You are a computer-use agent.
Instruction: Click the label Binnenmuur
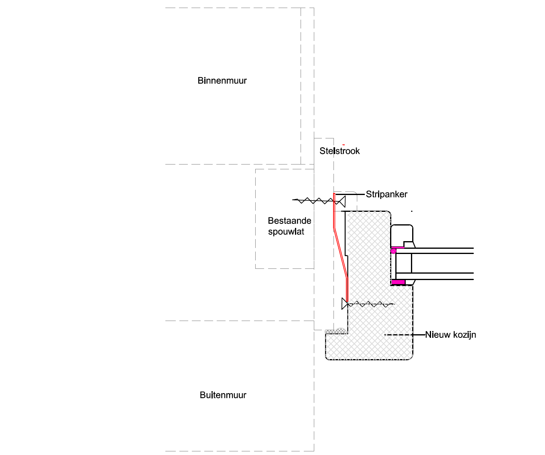click(x=222, y=81)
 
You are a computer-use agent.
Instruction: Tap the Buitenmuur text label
click(x=223, y=395)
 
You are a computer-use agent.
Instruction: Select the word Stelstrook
click(x=340, y=151)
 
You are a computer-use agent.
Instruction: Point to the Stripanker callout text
click(x=386, y=195)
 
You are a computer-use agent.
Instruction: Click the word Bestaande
click(x=289, y=221)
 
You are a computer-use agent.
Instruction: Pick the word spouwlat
click(x=286, y=232)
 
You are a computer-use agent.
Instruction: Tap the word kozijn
click(x=464, y=335)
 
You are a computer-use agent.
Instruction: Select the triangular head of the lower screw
click(x=344, y=304)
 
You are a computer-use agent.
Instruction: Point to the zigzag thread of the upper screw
click(x=313, y=200)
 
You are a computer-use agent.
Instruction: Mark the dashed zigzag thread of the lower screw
click(x=371, y=305)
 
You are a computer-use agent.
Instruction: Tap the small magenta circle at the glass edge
click(x=394, y=251)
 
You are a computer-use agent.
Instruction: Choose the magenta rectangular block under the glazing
click(x=398, y=282)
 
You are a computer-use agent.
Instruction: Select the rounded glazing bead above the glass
click(x=402, y=235)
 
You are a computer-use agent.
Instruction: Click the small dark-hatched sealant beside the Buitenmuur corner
click(x=336, y=331)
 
